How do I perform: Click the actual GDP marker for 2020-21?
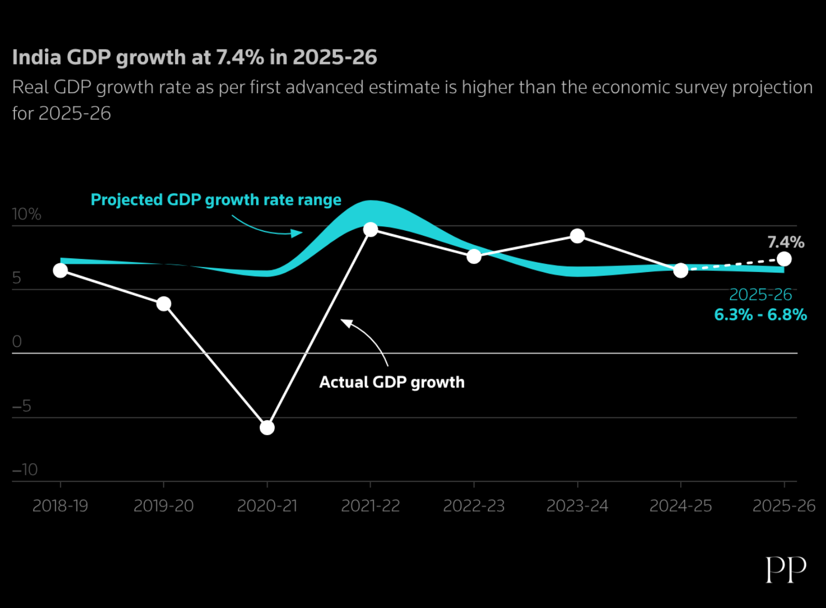pos(267,427)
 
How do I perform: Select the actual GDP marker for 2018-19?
pos(61,270)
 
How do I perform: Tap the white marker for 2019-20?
pos(164,303)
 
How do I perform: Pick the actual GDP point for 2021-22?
pos(371,230)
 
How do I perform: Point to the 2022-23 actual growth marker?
pos(474,256)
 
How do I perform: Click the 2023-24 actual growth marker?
pos(577,236)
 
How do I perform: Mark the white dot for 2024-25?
pos(681,270)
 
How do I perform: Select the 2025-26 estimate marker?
pos(784,259)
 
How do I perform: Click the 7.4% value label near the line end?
pos(786,242)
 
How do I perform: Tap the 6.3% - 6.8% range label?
pos(760,315)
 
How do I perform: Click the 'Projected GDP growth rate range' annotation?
pos(216,200)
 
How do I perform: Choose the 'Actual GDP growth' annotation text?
pos(392,382)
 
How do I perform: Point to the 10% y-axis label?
pos(26,214)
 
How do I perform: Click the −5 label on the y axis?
pos(22,406)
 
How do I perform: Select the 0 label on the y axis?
pos(17,342)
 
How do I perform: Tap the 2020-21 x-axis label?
pos(267,506)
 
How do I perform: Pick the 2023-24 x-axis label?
pos(577,506)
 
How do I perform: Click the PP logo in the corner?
pos(786,569)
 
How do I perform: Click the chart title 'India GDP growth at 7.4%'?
pos(194,57)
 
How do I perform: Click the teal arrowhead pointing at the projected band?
pos(297,233)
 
